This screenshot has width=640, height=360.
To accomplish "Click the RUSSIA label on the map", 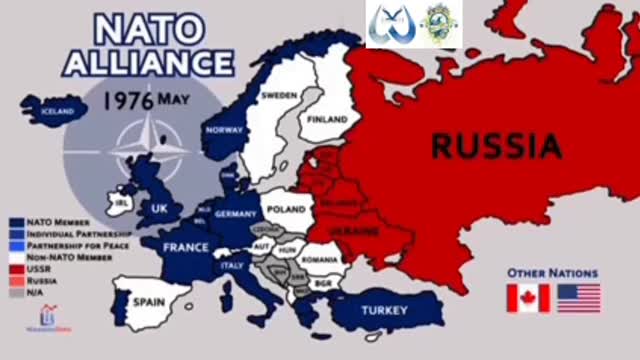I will pos(496,146).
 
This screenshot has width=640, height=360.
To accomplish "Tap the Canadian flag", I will pos(528,298).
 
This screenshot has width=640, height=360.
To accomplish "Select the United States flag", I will pos(579,298).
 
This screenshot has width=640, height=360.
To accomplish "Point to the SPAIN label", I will pos(149,299).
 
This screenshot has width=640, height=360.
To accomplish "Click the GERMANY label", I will pos(237,214).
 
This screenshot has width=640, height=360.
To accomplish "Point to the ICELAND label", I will pos(57,112).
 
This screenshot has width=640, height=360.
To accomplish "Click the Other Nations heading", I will pos(552,272).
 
